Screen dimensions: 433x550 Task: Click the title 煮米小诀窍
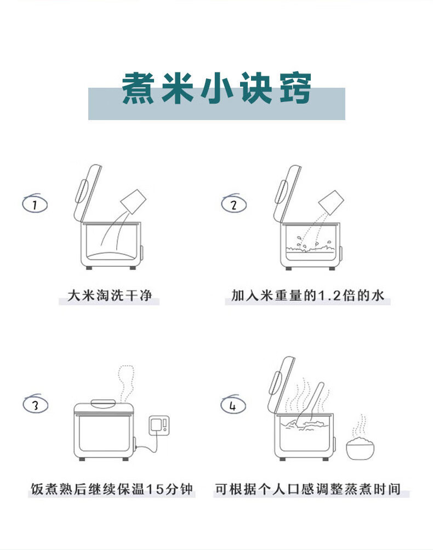[x=216, y=88]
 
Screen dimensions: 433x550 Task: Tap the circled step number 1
[x=35, y=204]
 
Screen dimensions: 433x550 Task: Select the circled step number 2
[x=234, y=204]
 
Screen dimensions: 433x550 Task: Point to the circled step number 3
[x=36, y=404]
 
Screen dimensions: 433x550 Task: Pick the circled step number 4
[x=233, y=405]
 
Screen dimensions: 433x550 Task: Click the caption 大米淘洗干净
[x=110, y=296]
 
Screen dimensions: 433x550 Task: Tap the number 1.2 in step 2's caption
[x=329, y=296]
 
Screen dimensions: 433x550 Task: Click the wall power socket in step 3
[x=159, y=426]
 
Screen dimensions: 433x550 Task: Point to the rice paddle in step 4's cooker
[x=310, y=402]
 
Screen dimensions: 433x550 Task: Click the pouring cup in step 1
[x=133, y=201]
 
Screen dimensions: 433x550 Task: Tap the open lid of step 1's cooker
[x=87, y=193]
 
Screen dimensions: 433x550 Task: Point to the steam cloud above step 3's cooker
[x=127, y=384]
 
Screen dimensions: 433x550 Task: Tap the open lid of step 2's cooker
[x=287, y=194]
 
